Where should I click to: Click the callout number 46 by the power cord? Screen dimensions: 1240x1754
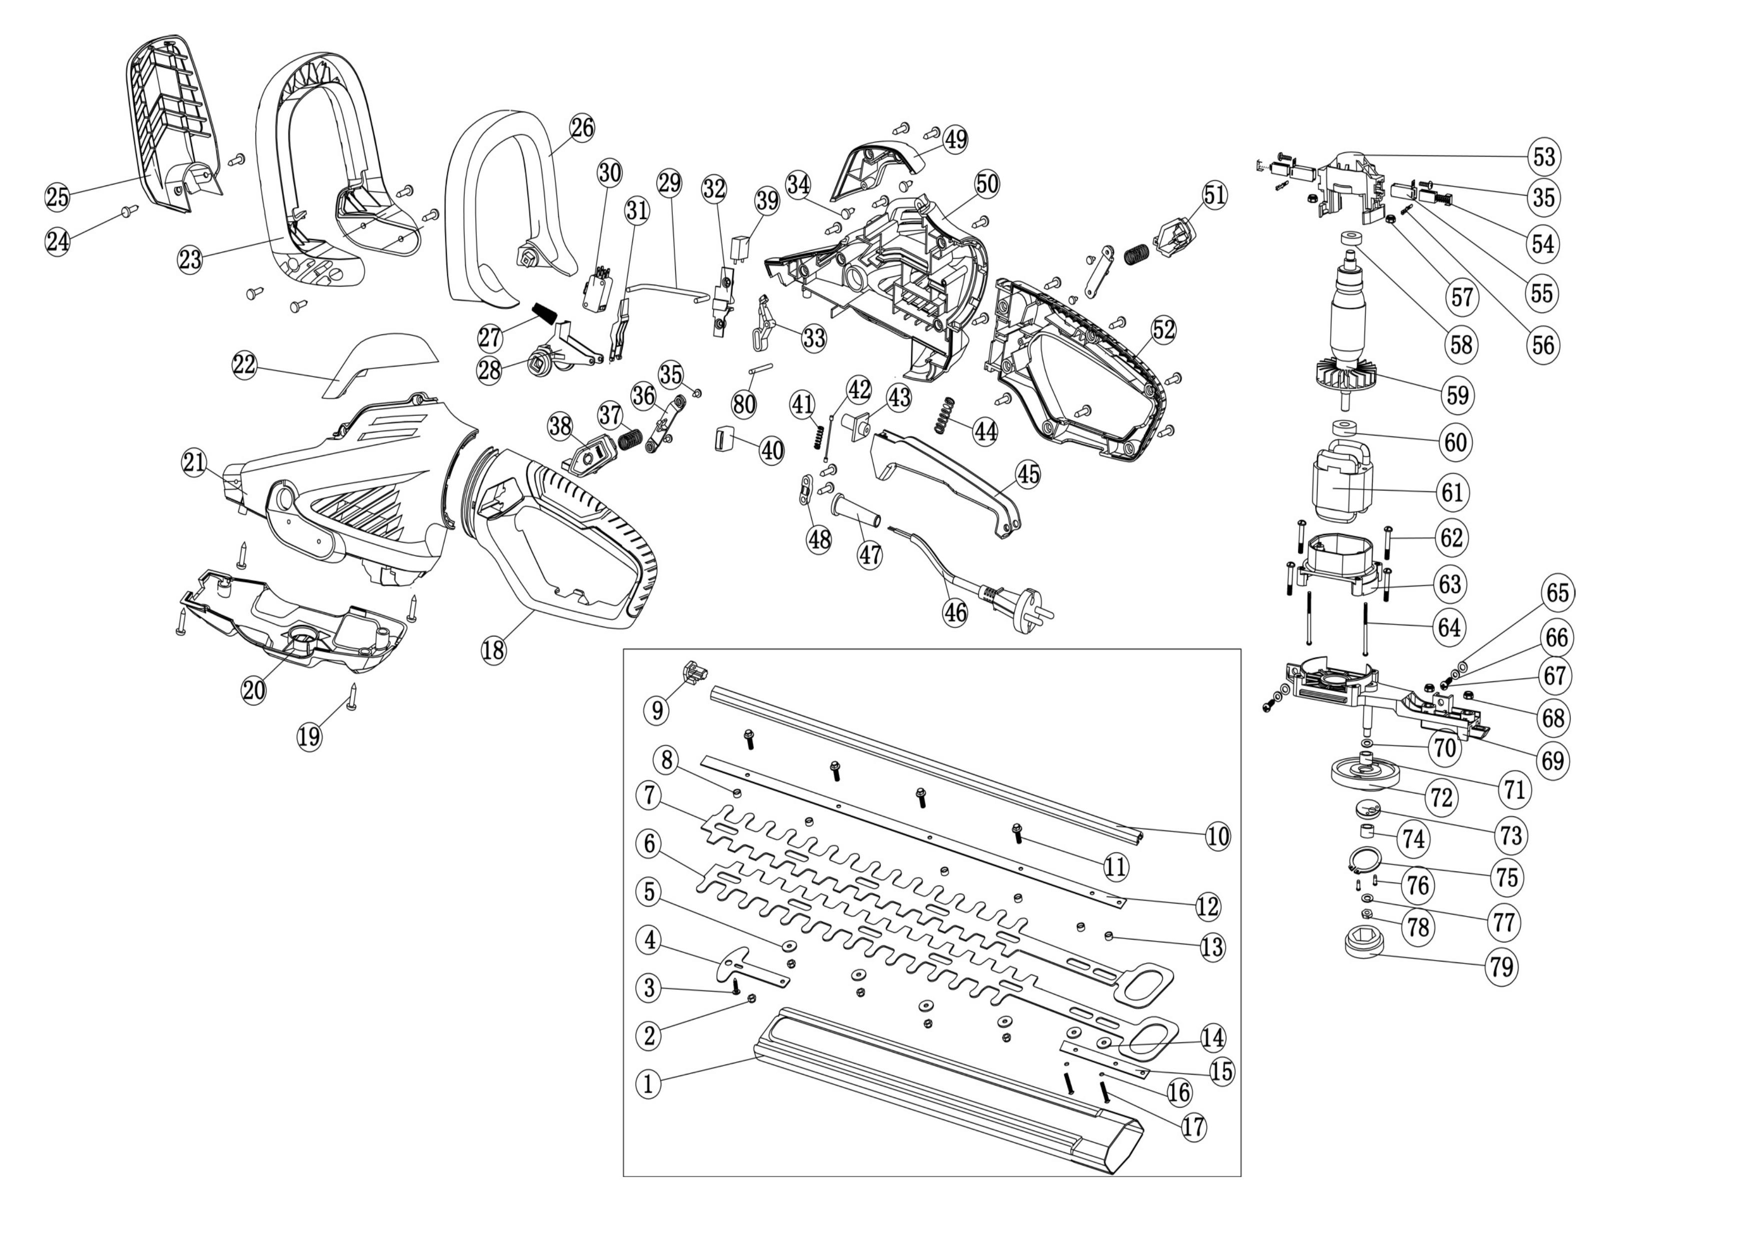pyautogui.click(x=955, y=612)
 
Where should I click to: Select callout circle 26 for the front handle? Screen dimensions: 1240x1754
pyautogui.click(x=582, y=127)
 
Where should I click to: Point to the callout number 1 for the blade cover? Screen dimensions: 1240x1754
pyautogui.click(x=649, y=1083)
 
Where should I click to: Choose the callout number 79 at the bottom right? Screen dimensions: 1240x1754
pyautogui.click(x=1501, y=967)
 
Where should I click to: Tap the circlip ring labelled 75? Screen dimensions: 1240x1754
pyautogui.click(x=1360, y=860)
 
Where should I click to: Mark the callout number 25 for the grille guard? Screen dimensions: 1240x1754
pyautogui.click(x=57, y=197)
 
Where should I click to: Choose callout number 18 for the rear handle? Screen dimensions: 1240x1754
pyautogui.click(x=493, y=650)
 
